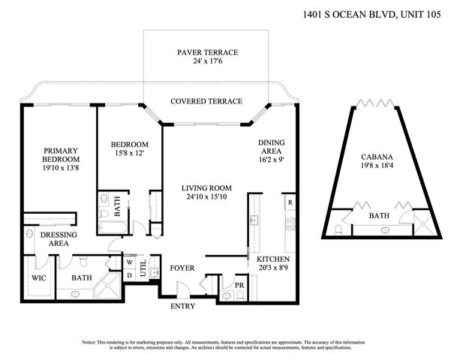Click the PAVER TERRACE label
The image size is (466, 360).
207,52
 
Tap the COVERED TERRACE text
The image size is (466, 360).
206,101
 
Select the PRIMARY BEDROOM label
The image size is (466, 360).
60,154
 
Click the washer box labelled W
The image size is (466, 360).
129,262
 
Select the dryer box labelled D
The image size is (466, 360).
129,274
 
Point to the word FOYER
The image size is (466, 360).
183,266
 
